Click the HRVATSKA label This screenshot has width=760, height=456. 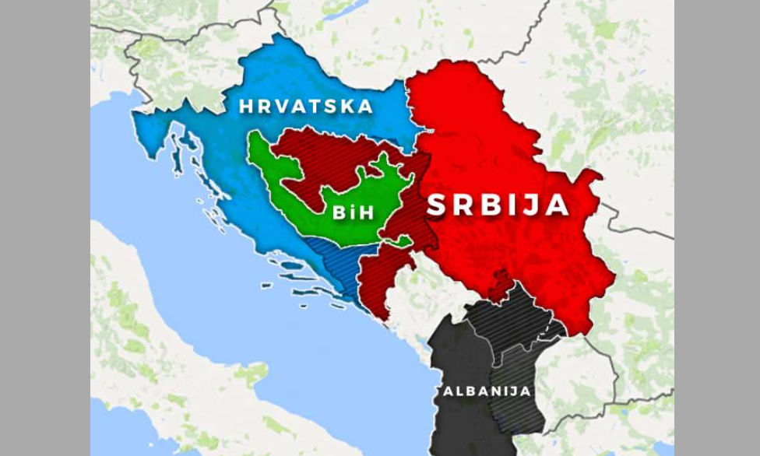pyautogui.click(x=306, y=107)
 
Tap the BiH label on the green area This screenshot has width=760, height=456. pyautogui.click(x=354, y=213)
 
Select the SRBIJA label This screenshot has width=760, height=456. pyautogui.click(x=498, y=205)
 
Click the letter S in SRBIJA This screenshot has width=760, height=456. pyautogui.click(x=438, y=205)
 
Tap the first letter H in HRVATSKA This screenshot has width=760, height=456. pyautogui.click(x=245, y=107)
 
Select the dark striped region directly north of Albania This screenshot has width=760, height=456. pyautogui.click(x=506, y=315)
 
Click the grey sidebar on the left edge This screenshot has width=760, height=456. pyautogui.click(x=44, y=228)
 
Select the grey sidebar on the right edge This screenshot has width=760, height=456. pyautogui.click(x=716, y=228)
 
